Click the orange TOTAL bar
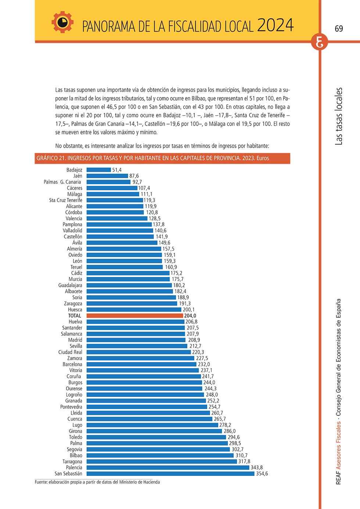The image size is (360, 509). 135,315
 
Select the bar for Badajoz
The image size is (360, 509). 99,170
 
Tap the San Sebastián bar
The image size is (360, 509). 170,473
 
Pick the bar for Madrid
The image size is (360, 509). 136,340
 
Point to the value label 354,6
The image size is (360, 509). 262,473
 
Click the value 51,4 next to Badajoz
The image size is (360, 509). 117,170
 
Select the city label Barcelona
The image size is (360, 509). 72,364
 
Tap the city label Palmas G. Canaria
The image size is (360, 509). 62,182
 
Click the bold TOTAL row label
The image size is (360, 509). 75,315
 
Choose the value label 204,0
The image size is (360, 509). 190,315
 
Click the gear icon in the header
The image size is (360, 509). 62,22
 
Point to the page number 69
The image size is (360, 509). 339,29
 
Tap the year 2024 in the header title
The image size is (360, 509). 276,25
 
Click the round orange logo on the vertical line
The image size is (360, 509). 320,42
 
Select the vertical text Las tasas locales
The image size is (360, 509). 339,116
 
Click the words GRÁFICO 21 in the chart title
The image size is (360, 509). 51,158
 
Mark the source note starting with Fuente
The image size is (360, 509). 97,482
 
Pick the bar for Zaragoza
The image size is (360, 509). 132,303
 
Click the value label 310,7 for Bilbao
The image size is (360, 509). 241,455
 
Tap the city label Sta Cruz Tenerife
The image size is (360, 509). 66,200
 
